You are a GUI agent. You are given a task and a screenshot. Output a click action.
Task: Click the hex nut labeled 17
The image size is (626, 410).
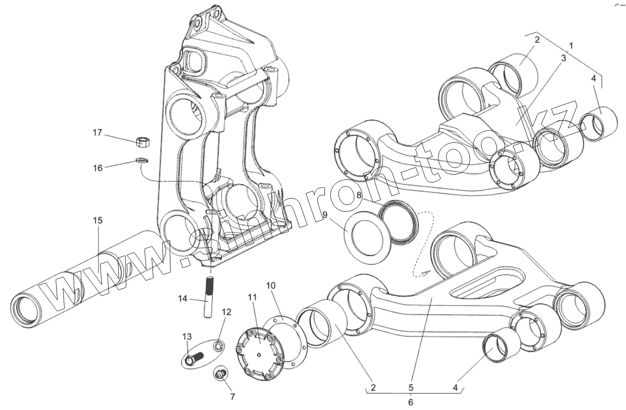143,141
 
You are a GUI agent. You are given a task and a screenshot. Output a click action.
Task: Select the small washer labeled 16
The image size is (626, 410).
142,161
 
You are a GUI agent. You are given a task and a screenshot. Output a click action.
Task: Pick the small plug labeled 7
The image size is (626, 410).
221,375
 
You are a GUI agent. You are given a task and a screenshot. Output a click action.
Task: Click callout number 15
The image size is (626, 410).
98,221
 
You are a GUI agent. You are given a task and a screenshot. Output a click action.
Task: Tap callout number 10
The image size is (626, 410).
271,286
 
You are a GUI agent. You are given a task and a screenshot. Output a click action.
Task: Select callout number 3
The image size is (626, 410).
563,58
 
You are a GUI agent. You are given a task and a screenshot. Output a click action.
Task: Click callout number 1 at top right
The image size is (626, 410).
571,45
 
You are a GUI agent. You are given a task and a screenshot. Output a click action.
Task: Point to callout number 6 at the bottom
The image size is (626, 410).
410,402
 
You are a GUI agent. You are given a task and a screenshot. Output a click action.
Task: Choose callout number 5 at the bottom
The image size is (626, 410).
410,388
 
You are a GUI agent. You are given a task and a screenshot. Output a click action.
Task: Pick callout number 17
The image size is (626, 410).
97,133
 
